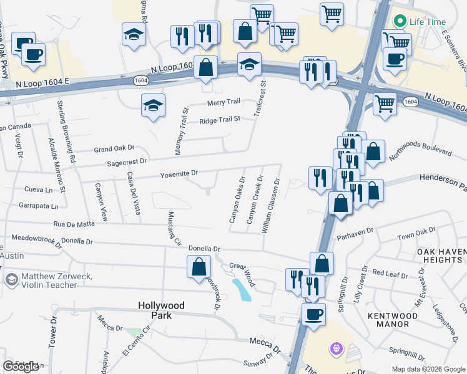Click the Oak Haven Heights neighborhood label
click(441, 255)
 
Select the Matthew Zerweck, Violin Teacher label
click(56, 280)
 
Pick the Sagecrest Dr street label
click(127, 161)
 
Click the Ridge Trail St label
click(220, 120)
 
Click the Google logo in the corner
click(21, 367)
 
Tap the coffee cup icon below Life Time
click(393, 59)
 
